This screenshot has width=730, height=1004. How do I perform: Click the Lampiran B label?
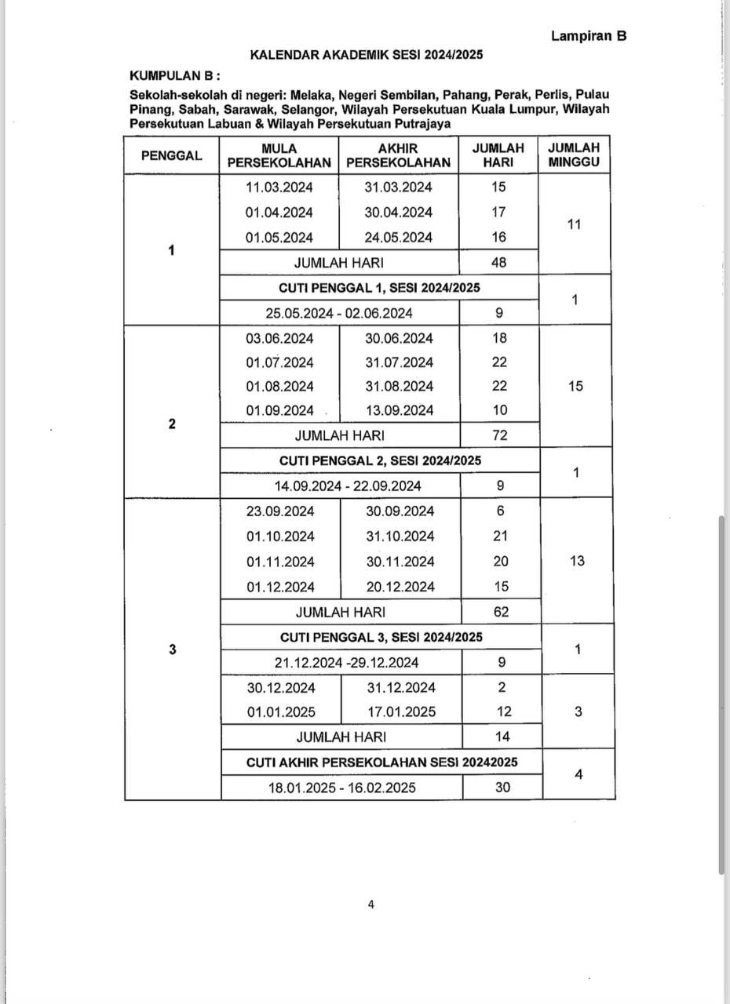click(x=588, y=35)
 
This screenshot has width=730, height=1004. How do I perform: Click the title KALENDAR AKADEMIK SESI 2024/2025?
click(x=366, y=55)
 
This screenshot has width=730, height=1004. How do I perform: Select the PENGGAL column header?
click(x=171, y=155)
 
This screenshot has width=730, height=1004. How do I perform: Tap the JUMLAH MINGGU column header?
click(x=574, y=155)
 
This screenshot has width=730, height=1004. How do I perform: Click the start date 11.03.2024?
click(x=279, y=187)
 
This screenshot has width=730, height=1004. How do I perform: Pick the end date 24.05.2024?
click(x=398, y=238)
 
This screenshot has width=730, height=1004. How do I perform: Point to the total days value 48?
click(x=498, y=263)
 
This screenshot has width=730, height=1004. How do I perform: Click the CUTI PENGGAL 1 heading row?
click(x=380, y=287)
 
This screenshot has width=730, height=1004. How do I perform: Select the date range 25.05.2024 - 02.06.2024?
click(x=339, y=313)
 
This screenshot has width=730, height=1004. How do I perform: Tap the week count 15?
click(x=575, y=386)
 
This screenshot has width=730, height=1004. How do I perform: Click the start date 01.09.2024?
click(x=279, y=410)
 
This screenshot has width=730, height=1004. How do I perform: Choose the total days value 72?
click(x=499, y=435)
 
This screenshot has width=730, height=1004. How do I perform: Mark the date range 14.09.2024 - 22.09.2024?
click(x=348, y=486)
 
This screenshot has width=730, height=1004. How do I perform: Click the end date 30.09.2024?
click(x=400, y=511)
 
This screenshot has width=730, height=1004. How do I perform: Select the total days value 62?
click(x=500, y=612)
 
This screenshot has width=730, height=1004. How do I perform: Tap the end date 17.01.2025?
click(x=401, y=712)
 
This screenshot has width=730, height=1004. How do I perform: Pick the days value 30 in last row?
click(x=502, y=788)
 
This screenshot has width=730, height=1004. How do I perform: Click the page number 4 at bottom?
click(x=370, y=904)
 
